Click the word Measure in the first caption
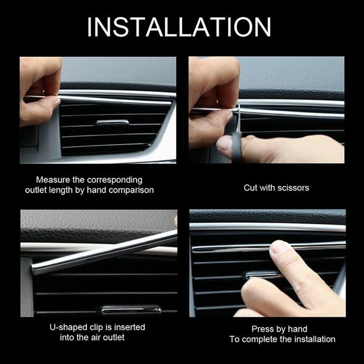(x=51, y=180)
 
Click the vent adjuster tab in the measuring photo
(x=112, y=123)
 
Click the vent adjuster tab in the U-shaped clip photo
(x=131, y=310)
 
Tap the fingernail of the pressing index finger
(x=278, y=247)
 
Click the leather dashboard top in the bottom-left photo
(x=91, y=225)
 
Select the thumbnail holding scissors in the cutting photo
(x=224, y=144)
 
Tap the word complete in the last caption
(x=270, y=339)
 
